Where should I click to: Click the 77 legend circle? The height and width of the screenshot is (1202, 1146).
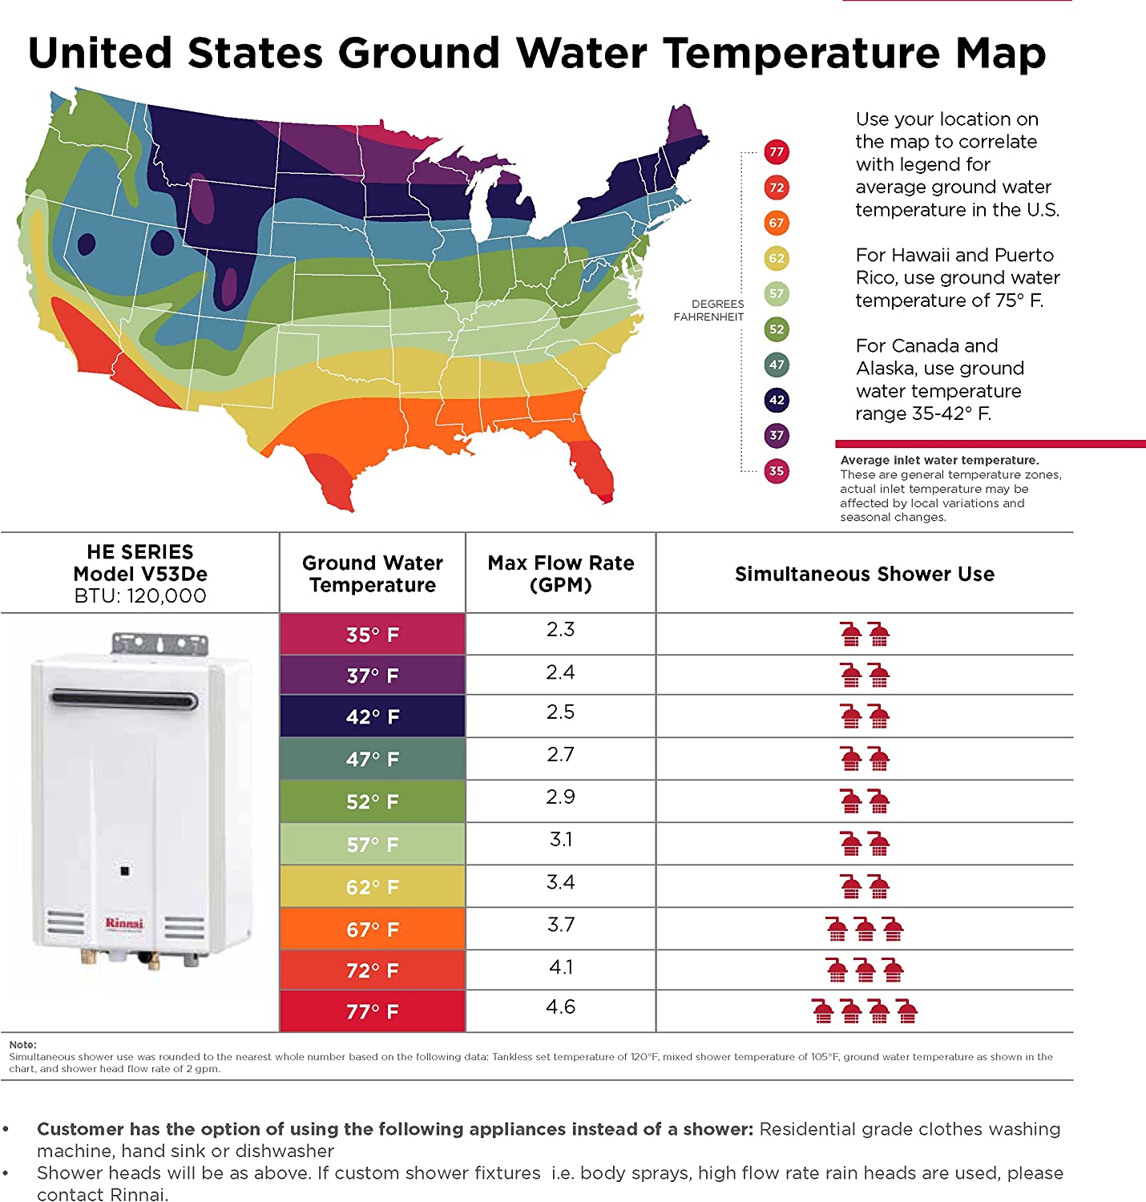[776, 151]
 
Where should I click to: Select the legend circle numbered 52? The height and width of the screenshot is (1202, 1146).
[776, 329]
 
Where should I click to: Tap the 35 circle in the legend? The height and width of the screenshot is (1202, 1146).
[776, 470]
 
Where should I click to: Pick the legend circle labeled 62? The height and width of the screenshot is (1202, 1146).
[776, 258]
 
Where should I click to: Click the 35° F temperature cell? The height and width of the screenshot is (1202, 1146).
[373, 635]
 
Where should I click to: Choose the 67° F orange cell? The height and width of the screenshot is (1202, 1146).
[373, 930]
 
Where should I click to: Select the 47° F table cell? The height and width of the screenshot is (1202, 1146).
[373, 759]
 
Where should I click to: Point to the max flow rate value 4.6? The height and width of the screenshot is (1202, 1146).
[560, 1007]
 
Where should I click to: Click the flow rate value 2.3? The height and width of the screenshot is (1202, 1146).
[560, 630]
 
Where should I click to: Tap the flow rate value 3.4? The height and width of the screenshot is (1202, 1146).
[560, 882]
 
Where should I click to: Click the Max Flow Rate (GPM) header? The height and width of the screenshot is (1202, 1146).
[560, 574]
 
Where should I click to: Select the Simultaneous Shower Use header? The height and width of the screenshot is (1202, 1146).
[864, 574]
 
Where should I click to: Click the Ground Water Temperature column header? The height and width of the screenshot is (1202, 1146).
[373, 574]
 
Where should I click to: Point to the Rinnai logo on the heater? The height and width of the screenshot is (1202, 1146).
[124, 923]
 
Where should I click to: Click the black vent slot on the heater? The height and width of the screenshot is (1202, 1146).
[124, 700]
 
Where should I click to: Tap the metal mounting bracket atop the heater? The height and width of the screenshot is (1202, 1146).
[159, 643]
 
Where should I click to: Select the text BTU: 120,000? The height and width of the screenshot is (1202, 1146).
[140, 596]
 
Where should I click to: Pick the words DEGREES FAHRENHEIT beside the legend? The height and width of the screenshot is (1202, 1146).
[708, 310]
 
